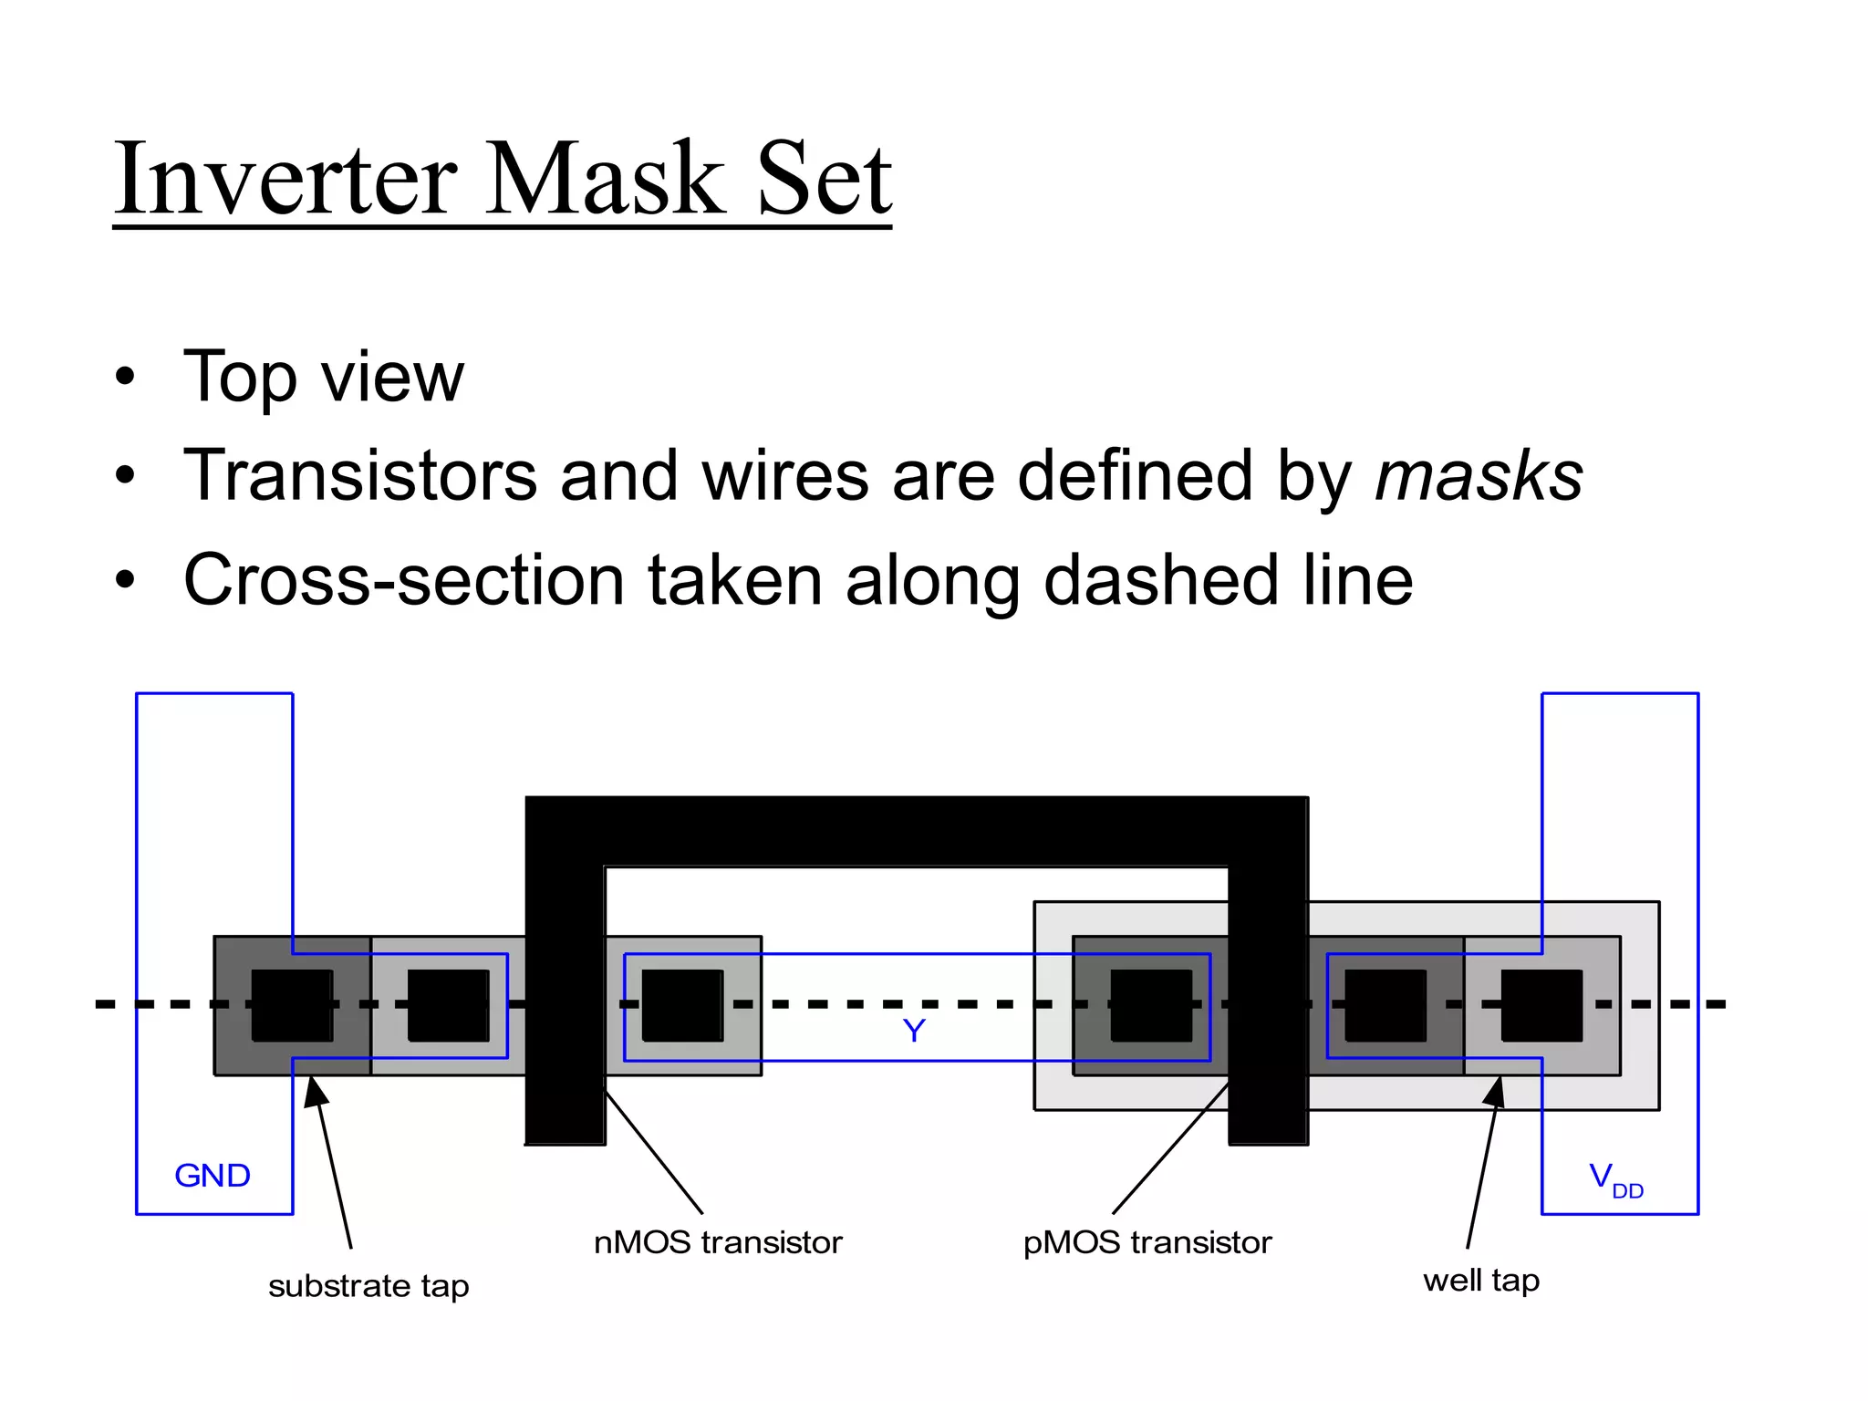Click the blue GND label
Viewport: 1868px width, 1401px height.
(x=212, y=1176)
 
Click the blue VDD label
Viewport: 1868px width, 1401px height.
(x=1614, y=1178)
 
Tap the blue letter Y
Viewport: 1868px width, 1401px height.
(x=914, y=1032)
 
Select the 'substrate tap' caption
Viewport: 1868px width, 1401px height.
(x=368, y=1286)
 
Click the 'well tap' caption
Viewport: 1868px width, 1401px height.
(x=1480, y=1281)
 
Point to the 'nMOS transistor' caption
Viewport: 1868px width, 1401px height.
(x=718, y=1243)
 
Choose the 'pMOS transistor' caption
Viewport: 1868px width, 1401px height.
(x=1147, y=1243)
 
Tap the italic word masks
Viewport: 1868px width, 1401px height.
(x=1478, y=476)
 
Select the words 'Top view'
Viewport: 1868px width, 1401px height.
(x=323, y=377)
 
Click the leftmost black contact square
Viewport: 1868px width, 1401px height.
(x=292, y=1005)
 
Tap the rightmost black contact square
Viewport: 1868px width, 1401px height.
(x=1541, y=1005)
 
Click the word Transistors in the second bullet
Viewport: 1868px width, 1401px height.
(x=360, y=476)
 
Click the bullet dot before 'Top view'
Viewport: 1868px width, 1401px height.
(x=125, y=377)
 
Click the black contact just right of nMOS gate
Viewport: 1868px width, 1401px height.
(x=682, y=1005)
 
